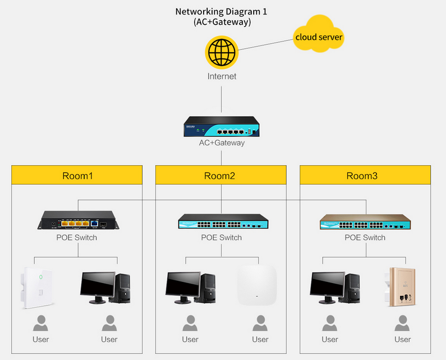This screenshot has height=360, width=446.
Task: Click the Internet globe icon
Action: (x=222, y=52)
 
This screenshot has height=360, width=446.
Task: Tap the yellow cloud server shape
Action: (x=319, y=38)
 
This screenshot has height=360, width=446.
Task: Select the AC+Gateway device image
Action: (x=222, y=127)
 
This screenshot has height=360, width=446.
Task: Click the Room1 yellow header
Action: (x=77, y=176)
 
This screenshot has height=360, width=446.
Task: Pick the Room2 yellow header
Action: (x=220, y=176)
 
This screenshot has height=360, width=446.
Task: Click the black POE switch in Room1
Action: (x=77, y=220)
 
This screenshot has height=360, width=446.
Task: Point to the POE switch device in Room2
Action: (x=222, y=221)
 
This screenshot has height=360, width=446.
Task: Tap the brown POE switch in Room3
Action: (x=365, y=221)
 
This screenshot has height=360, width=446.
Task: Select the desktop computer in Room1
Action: (x=107, y=288)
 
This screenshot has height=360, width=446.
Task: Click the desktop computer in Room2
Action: (x=191, y=288)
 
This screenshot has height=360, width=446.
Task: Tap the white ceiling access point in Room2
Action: (x=257, y=286)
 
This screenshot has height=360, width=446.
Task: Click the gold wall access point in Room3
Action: (x=402, y=286)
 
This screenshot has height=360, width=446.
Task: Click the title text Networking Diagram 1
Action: (x=221, y=11)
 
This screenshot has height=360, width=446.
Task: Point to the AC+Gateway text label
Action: (x=222, y=143)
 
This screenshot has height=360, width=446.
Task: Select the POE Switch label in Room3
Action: (x=365, y=238)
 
